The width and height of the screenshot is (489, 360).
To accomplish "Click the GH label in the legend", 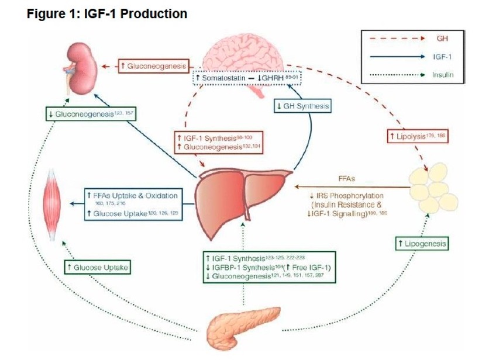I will [443, 39].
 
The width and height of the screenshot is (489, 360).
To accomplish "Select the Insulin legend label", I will [443, 75].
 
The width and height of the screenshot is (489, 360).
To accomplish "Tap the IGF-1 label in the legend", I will [443, 57].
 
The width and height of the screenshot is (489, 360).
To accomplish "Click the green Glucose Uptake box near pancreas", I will [97, 267].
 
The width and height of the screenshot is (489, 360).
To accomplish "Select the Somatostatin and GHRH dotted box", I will [248, 77].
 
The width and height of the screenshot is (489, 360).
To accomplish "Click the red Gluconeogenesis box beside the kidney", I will [149, 67].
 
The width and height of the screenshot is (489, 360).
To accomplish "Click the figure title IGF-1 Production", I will [108, 13].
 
